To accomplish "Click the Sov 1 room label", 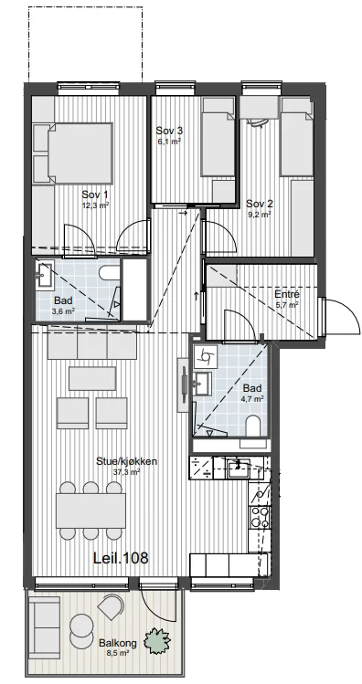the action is tap(95, 195).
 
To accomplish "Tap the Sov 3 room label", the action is tap(169, 131).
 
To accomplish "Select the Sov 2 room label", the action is tap(260, 204).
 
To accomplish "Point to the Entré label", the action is tap(287, 294).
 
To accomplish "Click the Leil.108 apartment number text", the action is tap(121, 557).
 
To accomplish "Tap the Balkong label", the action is tap(118, 643).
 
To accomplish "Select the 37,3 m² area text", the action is tap(126, 471).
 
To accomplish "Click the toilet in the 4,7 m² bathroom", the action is tap(253, 426).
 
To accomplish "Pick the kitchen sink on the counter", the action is tap(238, 469).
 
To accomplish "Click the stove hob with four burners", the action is tap(259, 517).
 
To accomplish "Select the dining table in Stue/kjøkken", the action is tap(90, 510).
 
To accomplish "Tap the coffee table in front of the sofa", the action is tap(92, 379).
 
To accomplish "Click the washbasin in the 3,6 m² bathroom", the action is tap(45, 274).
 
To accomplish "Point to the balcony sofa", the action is tap(45, 627).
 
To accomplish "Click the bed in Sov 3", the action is tap(218, 143).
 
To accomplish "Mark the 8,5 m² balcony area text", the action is tap(118, 653).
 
